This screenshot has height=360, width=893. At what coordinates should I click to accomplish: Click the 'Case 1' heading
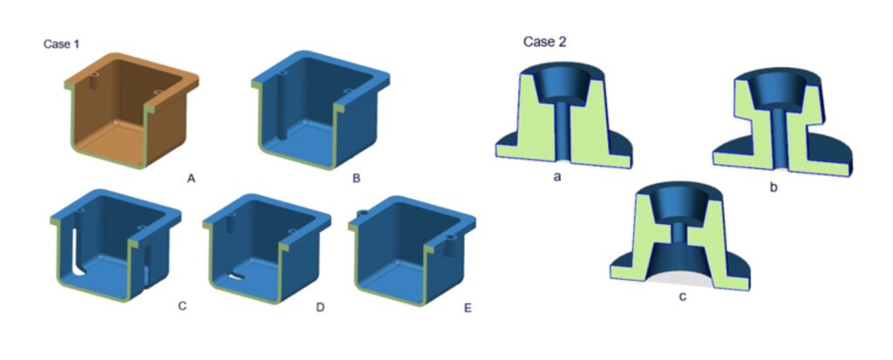pos(62,44)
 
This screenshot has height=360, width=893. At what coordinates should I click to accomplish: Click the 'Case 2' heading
pos(544,42)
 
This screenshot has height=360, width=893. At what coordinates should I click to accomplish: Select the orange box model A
pos(131,110)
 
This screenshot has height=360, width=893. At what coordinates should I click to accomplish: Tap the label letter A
pos(191,179)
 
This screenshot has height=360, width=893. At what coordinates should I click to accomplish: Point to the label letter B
pos(357,179)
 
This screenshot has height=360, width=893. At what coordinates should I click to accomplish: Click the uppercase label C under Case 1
pos(182,306)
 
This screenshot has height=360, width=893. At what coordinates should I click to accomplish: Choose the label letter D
pos(320,308)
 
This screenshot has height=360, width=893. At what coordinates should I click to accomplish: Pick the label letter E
pos(467,309)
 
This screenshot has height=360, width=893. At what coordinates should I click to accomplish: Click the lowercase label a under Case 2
pos(557,177)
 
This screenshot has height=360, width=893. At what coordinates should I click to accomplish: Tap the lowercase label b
pos(774,187)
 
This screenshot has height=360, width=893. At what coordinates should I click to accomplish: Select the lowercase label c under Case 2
pos(683,296)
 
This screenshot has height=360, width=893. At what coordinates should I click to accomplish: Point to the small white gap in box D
pos(235,275)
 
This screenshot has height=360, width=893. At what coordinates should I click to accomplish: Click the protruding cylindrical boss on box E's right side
pos(450,243)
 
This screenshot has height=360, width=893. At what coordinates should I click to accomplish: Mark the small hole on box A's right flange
pos(159,92)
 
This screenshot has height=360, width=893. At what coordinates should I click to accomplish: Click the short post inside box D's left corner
pos(230,221)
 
